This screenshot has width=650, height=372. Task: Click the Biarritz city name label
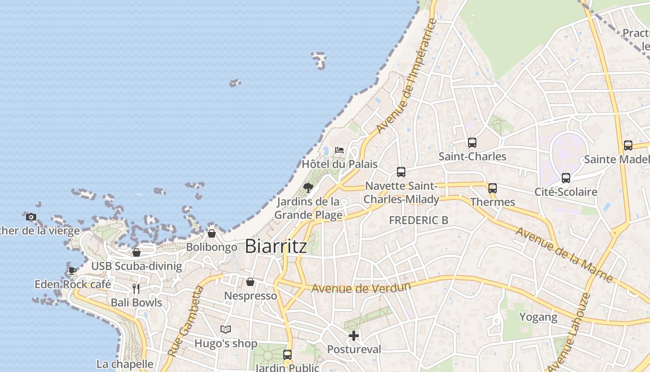[x=276, y=246]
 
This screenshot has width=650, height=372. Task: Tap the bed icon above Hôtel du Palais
[x=339, y=150]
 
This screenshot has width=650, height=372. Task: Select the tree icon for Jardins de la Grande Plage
[x=308, y=187]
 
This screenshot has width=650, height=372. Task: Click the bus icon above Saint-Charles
[x=472, y=142]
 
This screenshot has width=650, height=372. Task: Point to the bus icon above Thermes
[x=493, y=188]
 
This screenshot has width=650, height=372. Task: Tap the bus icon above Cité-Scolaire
[x=565, y=178]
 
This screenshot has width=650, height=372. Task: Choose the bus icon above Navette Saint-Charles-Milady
[x=401, y=172]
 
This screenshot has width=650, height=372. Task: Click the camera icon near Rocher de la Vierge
[x=31, y=217]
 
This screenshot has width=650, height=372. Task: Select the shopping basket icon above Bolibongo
[x=212, y=233]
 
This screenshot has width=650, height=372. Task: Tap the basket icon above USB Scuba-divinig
[x=136, y=252]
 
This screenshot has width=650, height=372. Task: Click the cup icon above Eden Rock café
[x=72, y=270]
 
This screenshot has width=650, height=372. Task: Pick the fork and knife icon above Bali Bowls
[x=136, y=289]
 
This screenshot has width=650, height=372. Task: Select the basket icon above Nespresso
[x=250, y=282]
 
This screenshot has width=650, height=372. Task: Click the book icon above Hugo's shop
[x=226, y=329]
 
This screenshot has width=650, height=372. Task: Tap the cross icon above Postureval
[x=354, y=335]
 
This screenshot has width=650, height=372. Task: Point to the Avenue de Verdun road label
[x=361, y=288]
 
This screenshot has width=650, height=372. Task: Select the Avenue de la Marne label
[x=564, y=253]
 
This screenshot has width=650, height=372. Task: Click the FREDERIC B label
[x=418, y=220]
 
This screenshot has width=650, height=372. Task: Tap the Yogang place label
[x=538, y=317]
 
